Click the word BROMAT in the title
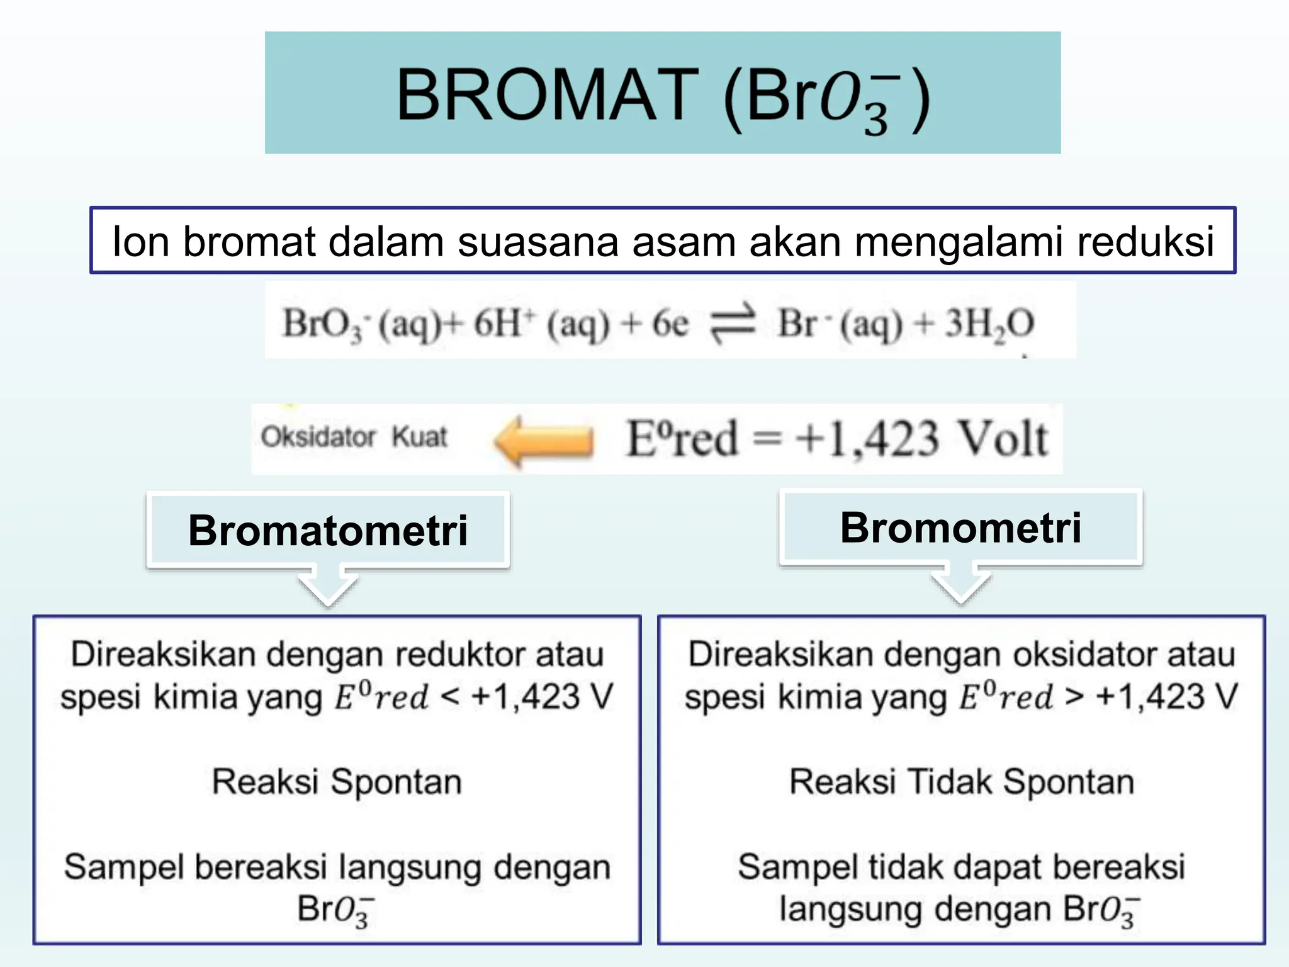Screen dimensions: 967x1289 click(x=546, y=96)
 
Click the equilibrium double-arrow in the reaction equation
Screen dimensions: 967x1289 click(x=733, y=324)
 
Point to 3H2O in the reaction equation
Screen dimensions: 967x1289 click(x=989, y=324)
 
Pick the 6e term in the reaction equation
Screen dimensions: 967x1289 click(x=670, y=324)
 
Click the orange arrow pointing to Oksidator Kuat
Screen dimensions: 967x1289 click(x=544, y=441)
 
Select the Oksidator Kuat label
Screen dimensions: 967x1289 click(x=354, y=437)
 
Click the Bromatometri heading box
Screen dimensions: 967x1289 click(x=328, y=530)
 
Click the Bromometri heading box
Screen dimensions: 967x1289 click(x=960, y=528)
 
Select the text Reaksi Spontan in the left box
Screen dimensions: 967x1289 click(x=337, y=782)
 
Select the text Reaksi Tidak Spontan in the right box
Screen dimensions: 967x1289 click(x=962, y=782)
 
